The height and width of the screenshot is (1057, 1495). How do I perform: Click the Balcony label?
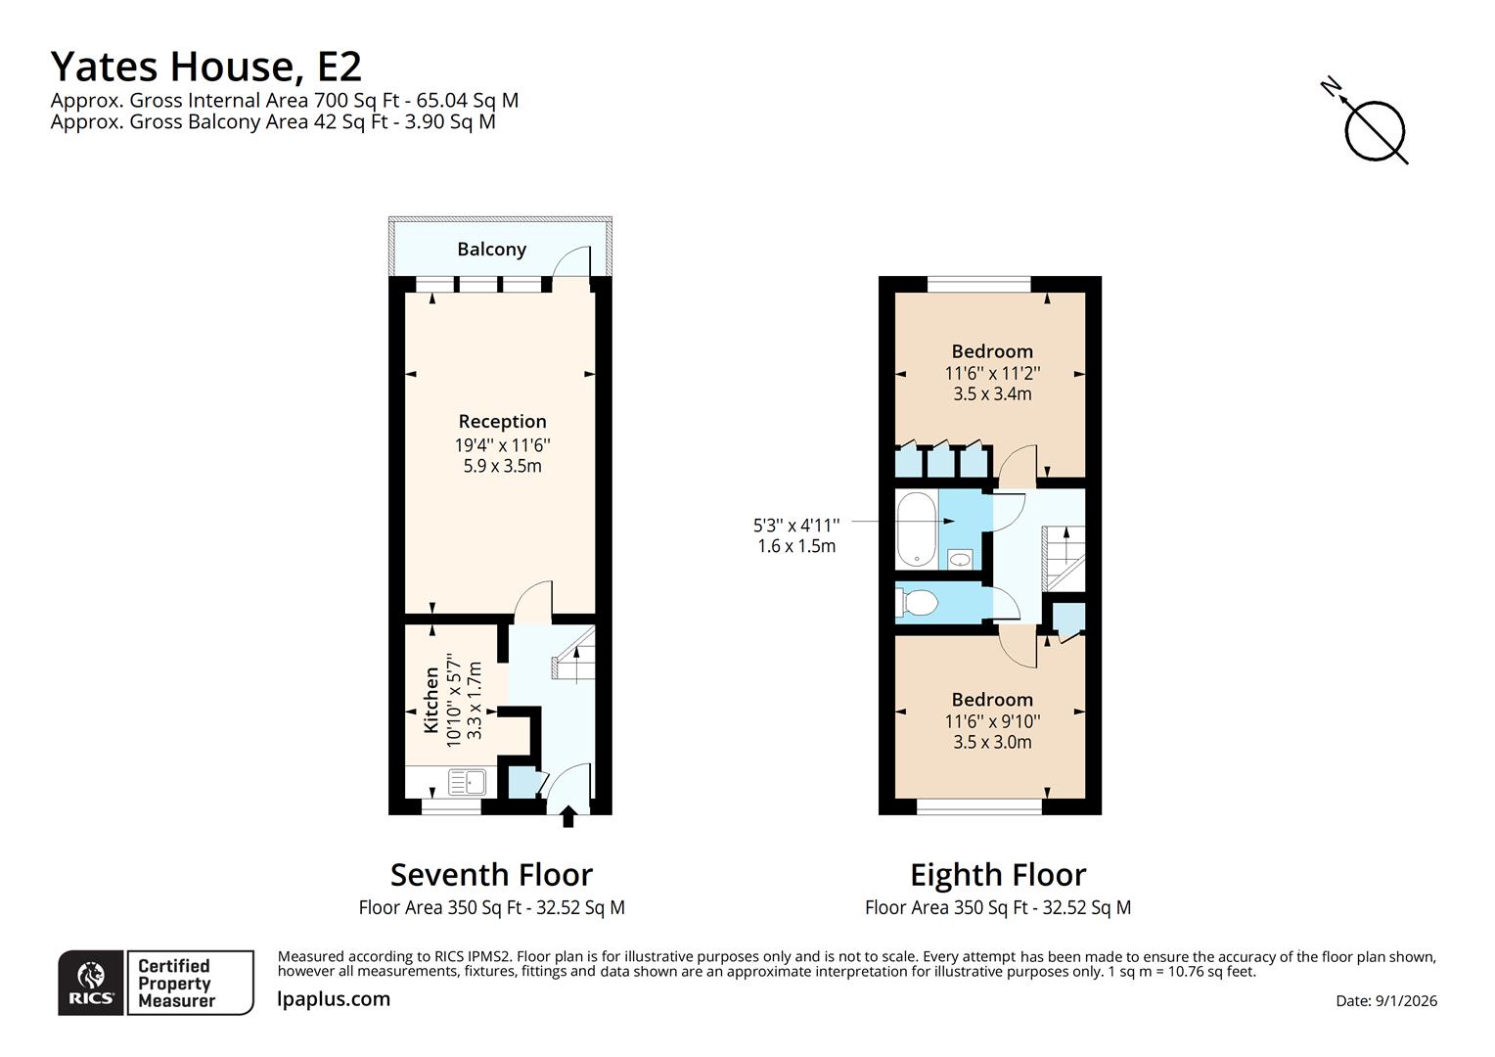[491, 250]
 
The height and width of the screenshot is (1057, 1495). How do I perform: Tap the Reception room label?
[502, 422]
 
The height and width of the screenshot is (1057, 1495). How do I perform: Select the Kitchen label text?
[430, 700]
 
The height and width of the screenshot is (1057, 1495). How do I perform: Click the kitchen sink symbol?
[467, 782]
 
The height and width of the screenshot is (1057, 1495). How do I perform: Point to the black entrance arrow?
[568, 816]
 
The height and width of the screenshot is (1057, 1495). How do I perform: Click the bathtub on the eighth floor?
[916, 529]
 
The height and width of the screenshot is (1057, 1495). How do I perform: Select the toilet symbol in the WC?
[917, 601]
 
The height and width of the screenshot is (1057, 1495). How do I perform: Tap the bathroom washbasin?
[961, 559]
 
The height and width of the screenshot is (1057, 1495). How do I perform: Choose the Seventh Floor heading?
[491, 874]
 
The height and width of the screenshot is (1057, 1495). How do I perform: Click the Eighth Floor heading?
[998, 874]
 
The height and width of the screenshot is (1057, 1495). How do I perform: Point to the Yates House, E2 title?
[206, 67]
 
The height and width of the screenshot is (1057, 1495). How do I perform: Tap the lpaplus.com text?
[334, 999]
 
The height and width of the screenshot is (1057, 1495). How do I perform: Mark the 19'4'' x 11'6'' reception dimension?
[502, 444]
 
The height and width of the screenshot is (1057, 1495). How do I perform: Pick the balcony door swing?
[571, 262]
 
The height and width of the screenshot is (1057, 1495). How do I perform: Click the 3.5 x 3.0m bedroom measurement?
[992, 742]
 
